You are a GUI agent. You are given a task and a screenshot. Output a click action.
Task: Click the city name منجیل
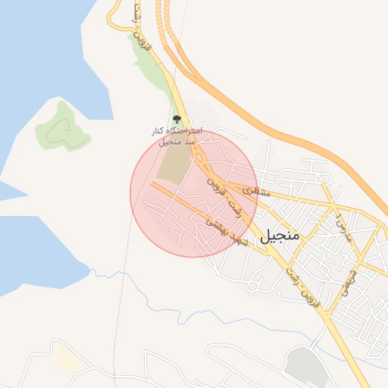280,236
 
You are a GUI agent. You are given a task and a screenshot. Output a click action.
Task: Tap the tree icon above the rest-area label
177,119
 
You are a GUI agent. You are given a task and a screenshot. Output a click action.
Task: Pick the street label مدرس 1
343,225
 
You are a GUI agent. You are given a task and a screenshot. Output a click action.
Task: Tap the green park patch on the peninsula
62,124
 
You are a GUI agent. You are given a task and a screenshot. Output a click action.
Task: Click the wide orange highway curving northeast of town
288,129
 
